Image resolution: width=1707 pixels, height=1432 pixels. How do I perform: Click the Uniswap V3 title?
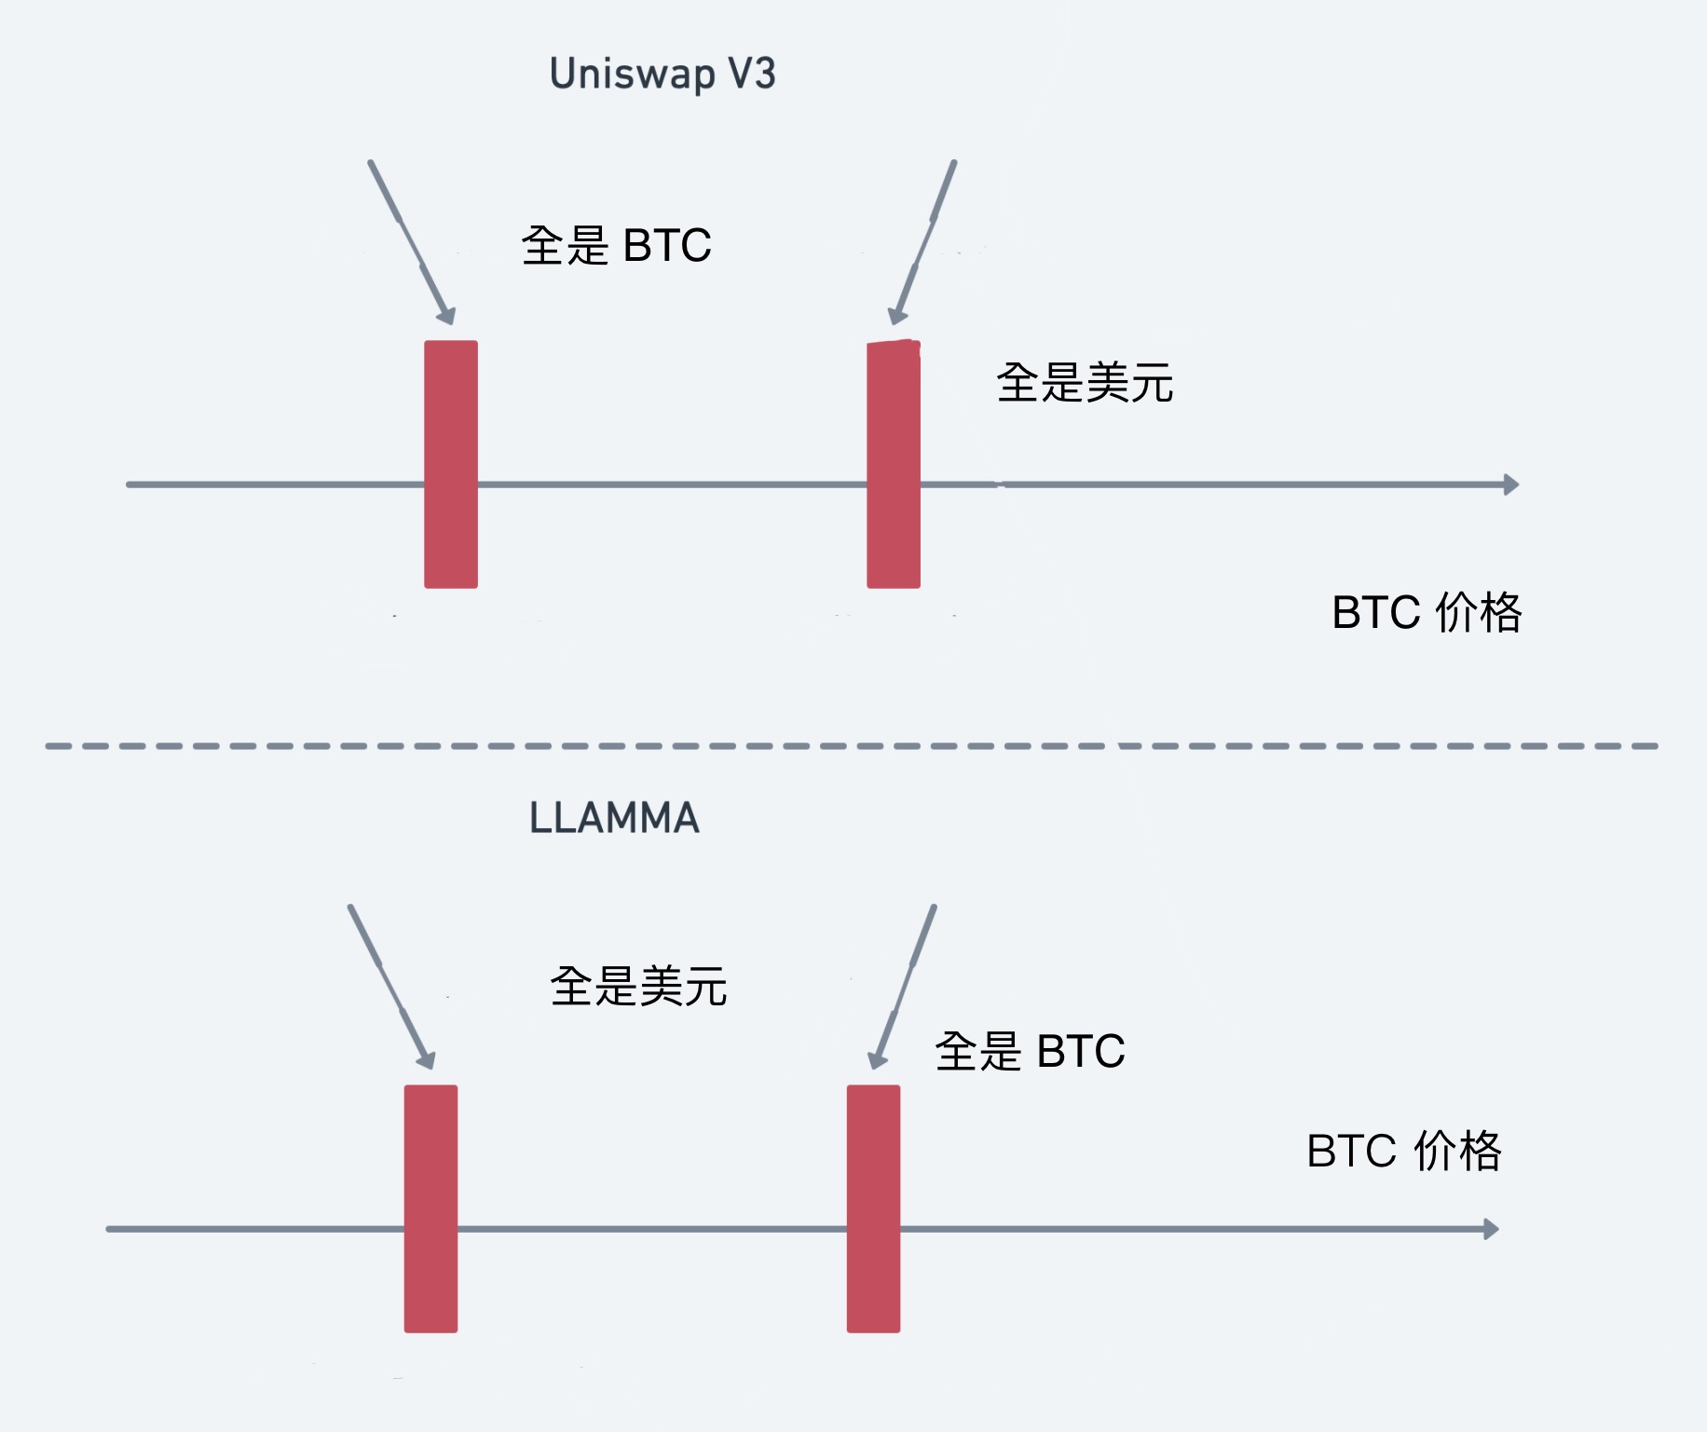tap(662, 75)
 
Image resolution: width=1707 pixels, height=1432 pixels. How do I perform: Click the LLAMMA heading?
tap(614, 818)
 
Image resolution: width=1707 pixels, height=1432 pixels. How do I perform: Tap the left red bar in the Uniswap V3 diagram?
tap(451, 464)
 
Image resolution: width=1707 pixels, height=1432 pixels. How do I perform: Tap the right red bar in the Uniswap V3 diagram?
tap(894, 464)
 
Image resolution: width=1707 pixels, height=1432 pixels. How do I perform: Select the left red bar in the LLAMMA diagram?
tap(430, 1208)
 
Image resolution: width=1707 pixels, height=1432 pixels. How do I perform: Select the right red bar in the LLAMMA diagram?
tap(873, 1208)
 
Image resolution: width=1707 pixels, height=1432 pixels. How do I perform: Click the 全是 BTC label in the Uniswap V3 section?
tap(616, 246)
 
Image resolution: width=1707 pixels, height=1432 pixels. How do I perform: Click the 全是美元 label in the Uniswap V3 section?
tap(1085, 383)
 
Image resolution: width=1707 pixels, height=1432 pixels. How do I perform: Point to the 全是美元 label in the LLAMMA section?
tap(638, 986)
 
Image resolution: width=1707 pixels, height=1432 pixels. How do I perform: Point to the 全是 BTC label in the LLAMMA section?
tap(1030, 1051)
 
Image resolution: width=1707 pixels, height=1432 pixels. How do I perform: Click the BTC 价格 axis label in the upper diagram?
tap(1427, 613)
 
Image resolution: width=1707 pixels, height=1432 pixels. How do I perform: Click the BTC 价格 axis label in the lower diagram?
tap(1404, 1151)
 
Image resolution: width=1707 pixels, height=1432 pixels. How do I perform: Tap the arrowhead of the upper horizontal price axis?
tap(1511, 484)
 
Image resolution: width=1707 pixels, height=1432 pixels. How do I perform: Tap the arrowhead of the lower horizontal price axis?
tap(1491, 1229)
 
